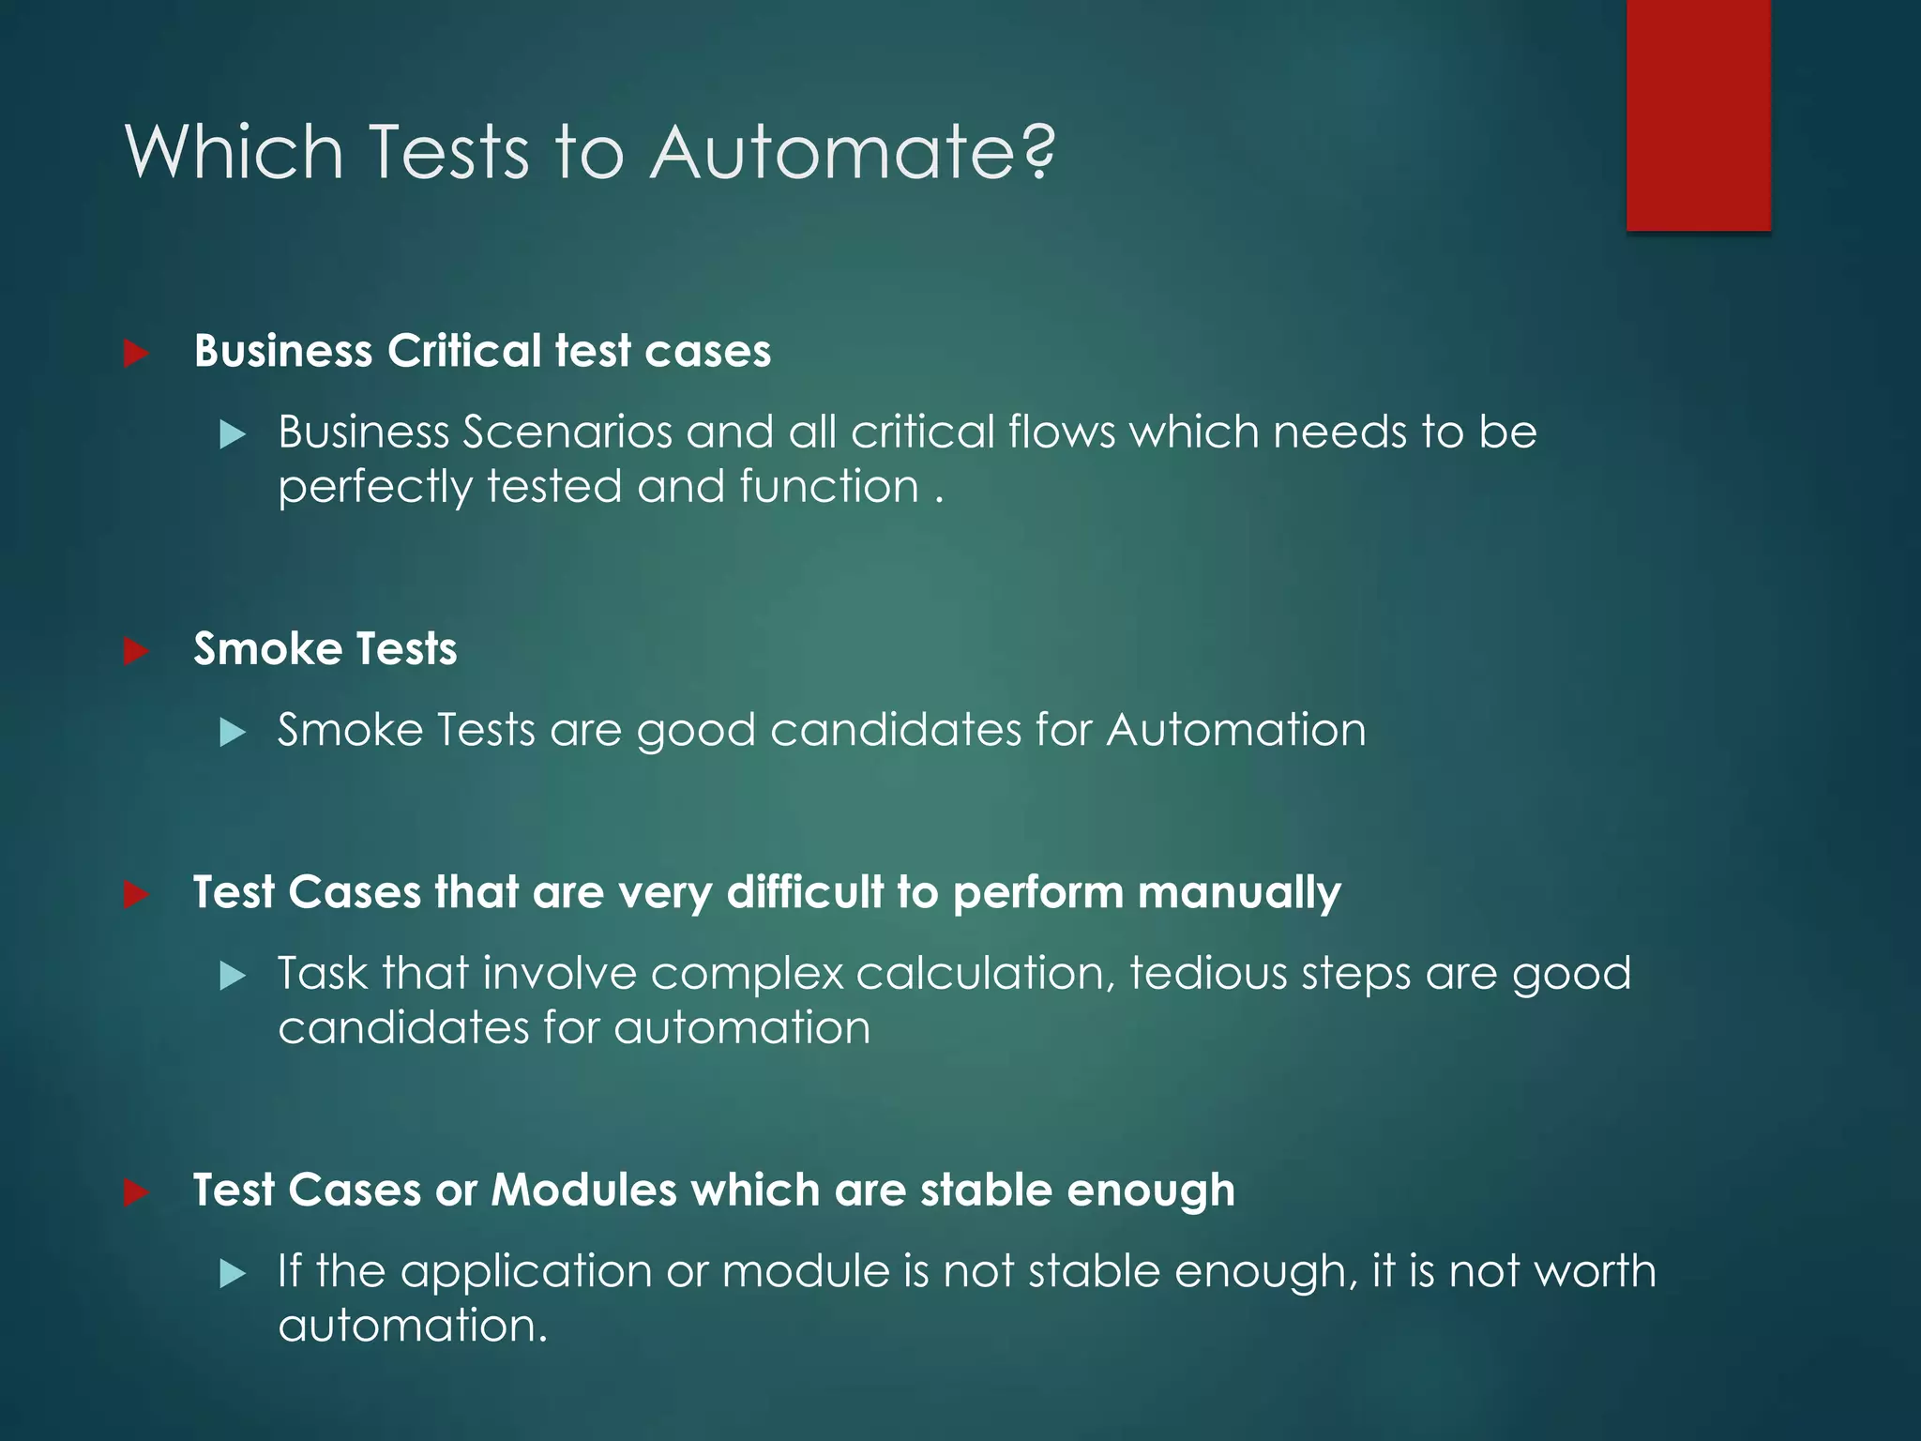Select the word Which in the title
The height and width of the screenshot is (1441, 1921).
(234, 152)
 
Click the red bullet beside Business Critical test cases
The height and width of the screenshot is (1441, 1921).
(137, 354)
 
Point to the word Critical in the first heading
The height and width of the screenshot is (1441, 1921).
(463, 351)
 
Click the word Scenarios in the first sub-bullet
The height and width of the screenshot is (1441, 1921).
(567, 432)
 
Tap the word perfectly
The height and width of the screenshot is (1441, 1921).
(374, 488)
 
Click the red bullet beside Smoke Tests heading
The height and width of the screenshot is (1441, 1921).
(137, 650)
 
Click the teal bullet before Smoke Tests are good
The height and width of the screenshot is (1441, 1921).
(232, 732)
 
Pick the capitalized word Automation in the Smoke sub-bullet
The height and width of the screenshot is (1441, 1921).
(1235, 730)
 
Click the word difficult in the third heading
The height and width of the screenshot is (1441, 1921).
(805, 891)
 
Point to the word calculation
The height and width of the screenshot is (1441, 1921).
(984, 973)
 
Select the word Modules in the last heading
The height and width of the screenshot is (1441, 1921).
(583, 1190)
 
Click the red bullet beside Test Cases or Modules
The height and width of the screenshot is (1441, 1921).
(137, 1192)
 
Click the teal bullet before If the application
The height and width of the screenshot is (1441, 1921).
(232, 1273)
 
